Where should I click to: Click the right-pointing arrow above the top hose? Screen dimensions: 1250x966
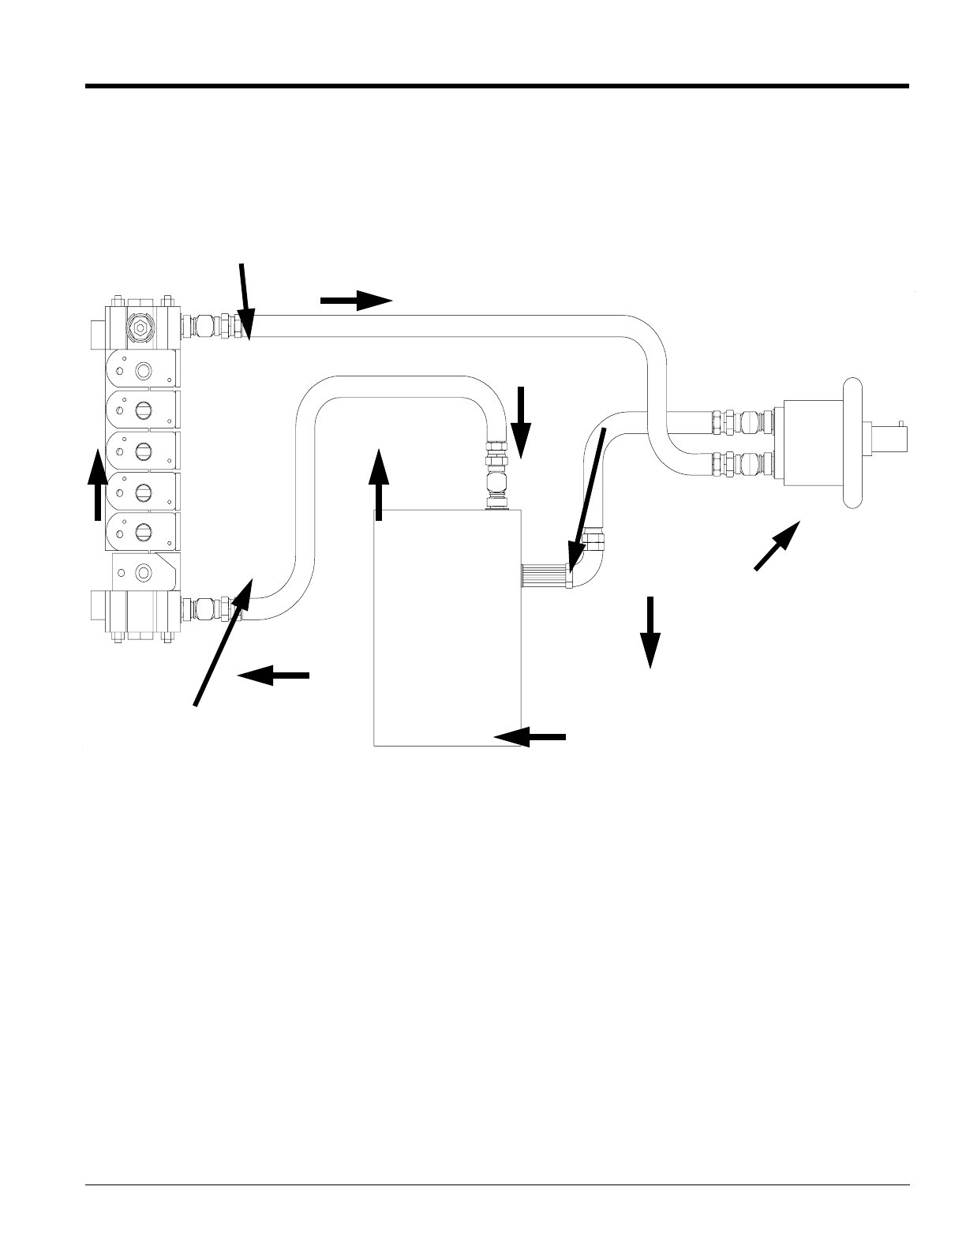[x=356, y=300]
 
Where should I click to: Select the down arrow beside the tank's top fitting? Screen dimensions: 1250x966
[x=520, y=423]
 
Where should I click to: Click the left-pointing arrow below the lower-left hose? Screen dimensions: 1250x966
[x=273, y=675]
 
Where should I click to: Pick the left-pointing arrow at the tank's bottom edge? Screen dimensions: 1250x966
[x=530, y=736]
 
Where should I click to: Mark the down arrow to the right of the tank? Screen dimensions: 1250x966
[x=650, y=632]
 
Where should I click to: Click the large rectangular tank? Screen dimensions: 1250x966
[x=447, y=631]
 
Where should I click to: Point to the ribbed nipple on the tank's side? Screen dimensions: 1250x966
[x=543, y=576]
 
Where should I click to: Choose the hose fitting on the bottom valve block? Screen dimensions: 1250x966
[x=208, y=609]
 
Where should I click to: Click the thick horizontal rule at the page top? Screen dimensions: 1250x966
[x=497, y=86]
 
